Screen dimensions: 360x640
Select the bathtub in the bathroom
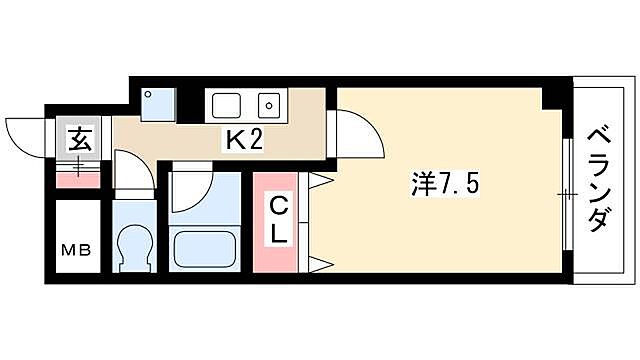(207, 247)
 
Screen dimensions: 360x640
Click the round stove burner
(268, 104)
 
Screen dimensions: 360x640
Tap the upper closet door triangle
(323, 181)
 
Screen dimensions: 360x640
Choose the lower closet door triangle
(323, 264)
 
